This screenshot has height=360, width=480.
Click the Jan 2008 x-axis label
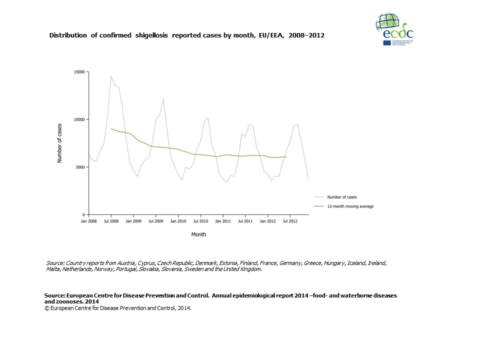(88, 220)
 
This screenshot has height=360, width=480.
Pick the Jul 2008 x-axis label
(111, 220)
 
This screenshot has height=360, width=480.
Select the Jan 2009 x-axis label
(133, 220)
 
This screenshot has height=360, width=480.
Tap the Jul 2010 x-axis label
(200, 220)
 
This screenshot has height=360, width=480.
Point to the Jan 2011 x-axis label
(223, 220)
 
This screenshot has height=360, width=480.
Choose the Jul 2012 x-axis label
(290, 220)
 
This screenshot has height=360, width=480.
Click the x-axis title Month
(198, 234)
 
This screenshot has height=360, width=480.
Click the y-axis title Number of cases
(59, 143)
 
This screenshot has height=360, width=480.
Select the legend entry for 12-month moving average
(350, 206)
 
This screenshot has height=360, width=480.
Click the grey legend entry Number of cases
(342, 197)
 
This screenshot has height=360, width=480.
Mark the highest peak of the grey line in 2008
(111, 76)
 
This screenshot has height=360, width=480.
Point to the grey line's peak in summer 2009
(163, 99)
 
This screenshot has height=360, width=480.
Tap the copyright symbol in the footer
(46, 308)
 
